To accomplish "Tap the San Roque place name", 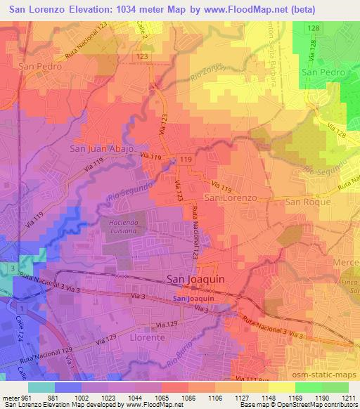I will click(x=307, y=201).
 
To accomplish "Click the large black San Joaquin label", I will click(x=195, y=279).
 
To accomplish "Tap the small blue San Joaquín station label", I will click(x=193, y=299).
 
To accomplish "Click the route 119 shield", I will click(x=186, y=161).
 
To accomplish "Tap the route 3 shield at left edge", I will click(x=12, y=268).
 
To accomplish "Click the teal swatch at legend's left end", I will click(x=41, y=387).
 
